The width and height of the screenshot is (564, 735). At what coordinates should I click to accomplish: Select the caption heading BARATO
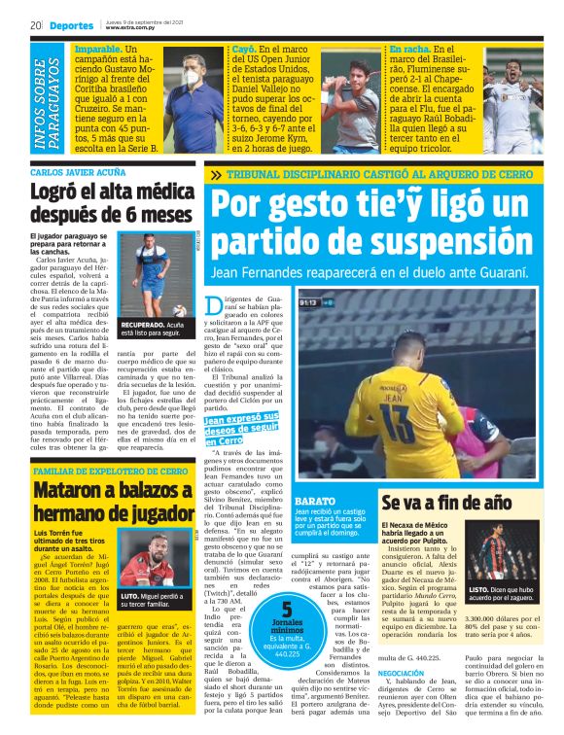coord(314,501)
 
